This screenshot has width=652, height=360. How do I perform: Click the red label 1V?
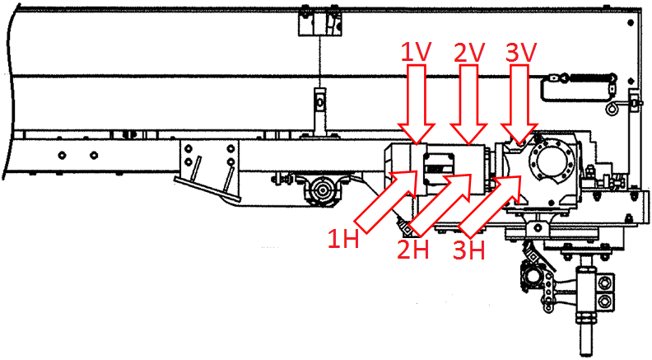click(417, 53)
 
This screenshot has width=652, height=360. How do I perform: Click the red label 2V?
click(471, 53)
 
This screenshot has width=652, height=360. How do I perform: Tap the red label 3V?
click(521, 53)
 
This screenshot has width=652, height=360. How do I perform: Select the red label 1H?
click(343, 239)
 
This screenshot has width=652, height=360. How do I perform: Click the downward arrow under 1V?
click(417, 106)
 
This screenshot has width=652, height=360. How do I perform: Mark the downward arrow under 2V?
click(471, 106)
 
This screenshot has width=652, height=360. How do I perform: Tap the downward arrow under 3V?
click(520, 106)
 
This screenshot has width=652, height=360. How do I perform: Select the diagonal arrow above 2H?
click(441, 204)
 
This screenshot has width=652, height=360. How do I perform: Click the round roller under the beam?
click(322, 193)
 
